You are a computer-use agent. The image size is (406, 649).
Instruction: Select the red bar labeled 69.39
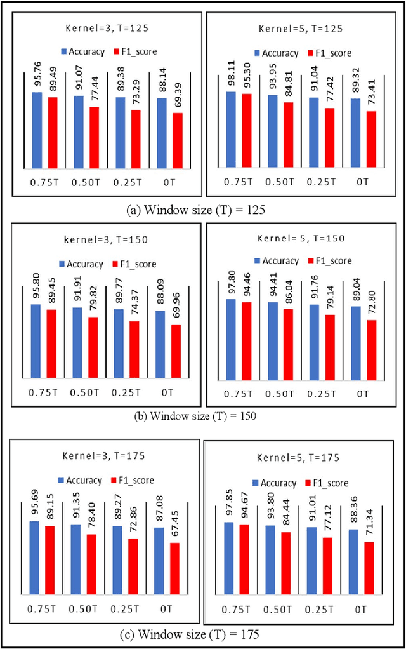click(177, 141)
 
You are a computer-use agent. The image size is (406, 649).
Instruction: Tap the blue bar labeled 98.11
click(231, 130)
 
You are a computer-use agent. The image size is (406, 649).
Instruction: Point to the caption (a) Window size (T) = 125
click(203, 207)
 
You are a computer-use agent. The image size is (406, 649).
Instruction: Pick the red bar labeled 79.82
click(93, 348)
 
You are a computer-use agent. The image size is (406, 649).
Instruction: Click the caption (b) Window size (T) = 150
click(203, 416)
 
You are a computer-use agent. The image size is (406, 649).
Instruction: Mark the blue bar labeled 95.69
click(34, 554)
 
